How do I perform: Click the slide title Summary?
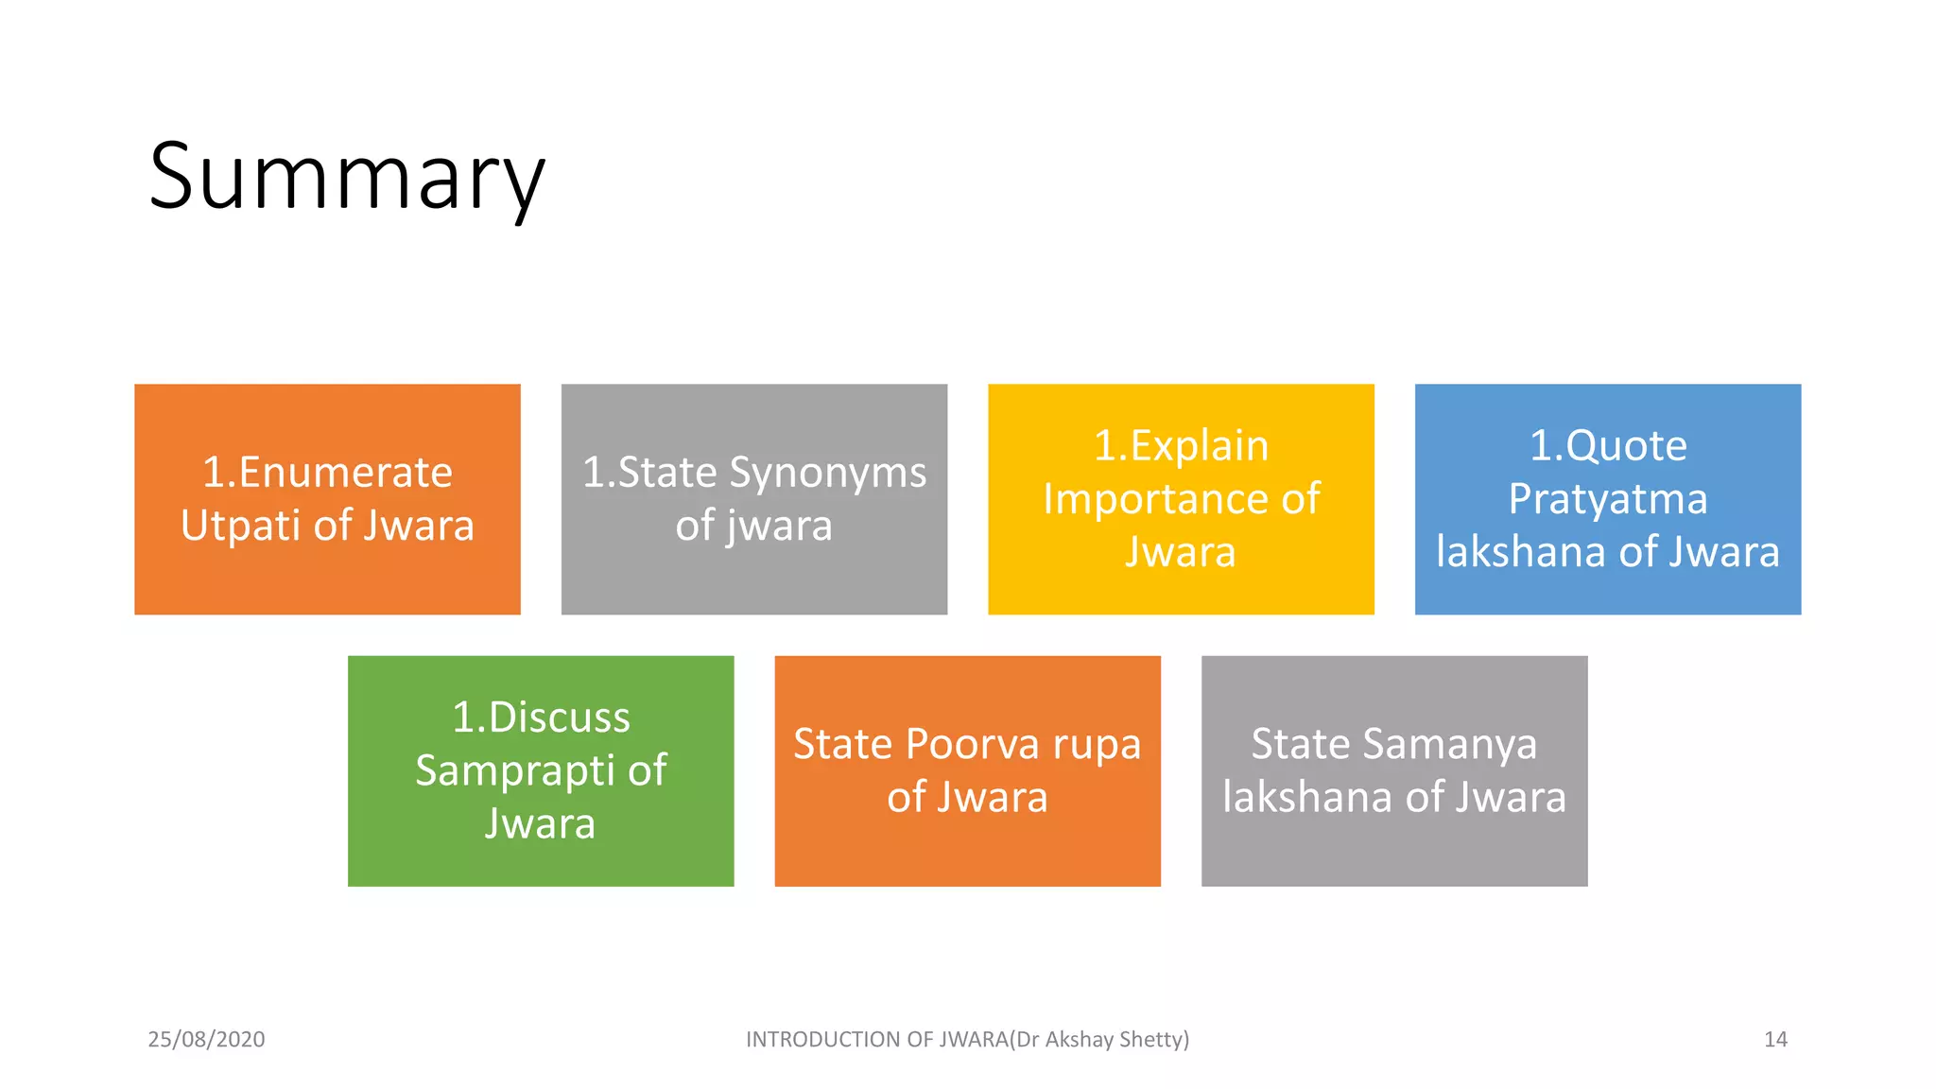(347, 178)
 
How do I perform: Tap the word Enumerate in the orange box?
(345, 472)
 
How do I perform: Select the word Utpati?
(240, 526)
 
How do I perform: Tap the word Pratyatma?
(1607, 499)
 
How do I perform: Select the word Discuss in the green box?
(559, 717)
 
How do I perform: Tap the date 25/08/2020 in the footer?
(206, 1039)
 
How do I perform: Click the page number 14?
(1775, 1039)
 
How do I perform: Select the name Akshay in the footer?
(1079, 1040)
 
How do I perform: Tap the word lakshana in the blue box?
(1521, 552)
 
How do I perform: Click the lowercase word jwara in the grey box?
(780, 527)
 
